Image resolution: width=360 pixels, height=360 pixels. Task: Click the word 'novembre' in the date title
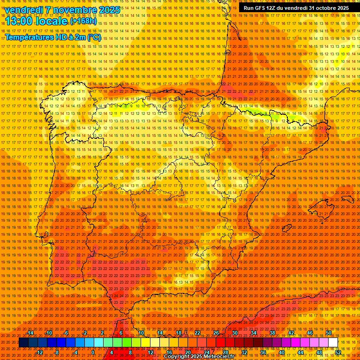tap(71, 10)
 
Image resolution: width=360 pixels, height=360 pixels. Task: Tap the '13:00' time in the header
tap(21, 21)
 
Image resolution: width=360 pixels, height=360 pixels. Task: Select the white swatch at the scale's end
tap(333, 343)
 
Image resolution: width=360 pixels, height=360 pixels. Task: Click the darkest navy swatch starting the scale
tap(23, 343)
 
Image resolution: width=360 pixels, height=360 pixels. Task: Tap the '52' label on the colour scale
tap(338, 352)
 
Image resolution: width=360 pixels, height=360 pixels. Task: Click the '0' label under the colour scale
tap(93, 352)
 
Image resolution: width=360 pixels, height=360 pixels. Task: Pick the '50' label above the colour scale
tap(329, 333)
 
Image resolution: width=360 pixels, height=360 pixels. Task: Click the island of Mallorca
tap(321, 208)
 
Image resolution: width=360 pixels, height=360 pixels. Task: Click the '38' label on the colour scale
tap(272, 333)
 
